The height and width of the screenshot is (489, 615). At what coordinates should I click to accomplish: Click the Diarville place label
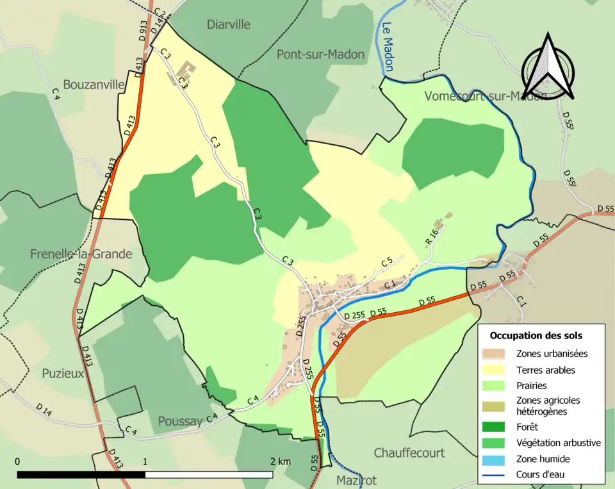point(229,24)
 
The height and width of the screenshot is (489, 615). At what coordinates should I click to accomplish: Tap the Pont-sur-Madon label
point(320,54)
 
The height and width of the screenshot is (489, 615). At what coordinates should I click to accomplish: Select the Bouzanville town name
point(94,85)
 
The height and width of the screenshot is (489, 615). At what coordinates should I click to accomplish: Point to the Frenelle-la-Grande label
point(81,254)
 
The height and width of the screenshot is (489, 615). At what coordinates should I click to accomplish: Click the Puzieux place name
point(63,373)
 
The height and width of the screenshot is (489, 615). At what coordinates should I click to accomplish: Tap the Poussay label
point(180,421)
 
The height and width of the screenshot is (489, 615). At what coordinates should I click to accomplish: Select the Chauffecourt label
point(409,452)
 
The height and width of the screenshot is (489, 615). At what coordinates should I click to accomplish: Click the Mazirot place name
point(357,479)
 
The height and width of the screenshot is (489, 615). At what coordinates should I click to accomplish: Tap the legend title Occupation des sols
point(536,335)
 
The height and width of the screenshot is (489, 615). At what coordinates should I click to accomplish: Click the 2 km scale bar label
point(280,461)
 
